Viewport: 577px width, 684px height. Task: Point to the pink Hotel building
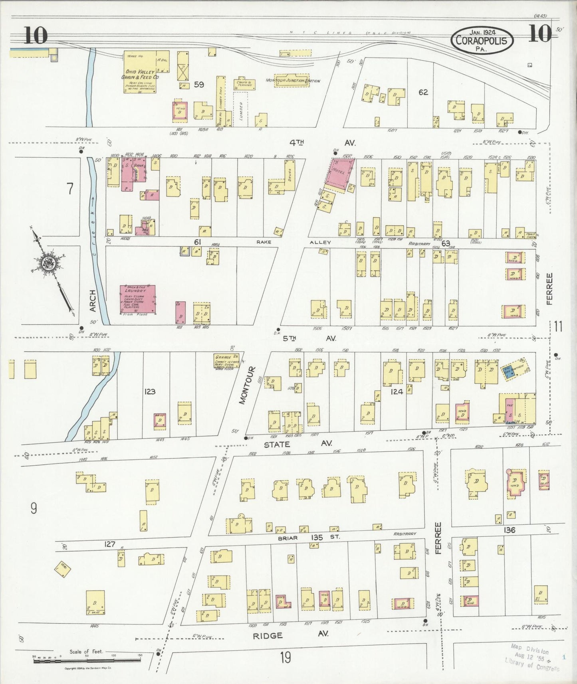pyautogui.click(x=339, y=172)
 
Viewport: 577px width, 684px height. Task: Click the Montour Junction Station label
pyautogui.click(x=293, y=81)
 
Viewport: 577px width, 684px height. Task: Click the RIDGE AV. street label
pyautogui.click(x=268, y=635)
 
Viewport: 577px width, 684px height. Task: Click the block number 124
pyautogui.click(x=397, y=392)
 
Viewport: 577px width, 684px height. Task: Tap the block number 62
pyautogui.click(x=423, y=92)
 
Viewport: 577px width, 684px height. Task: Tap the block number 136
pyautogui.click(x=510, y=530)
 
